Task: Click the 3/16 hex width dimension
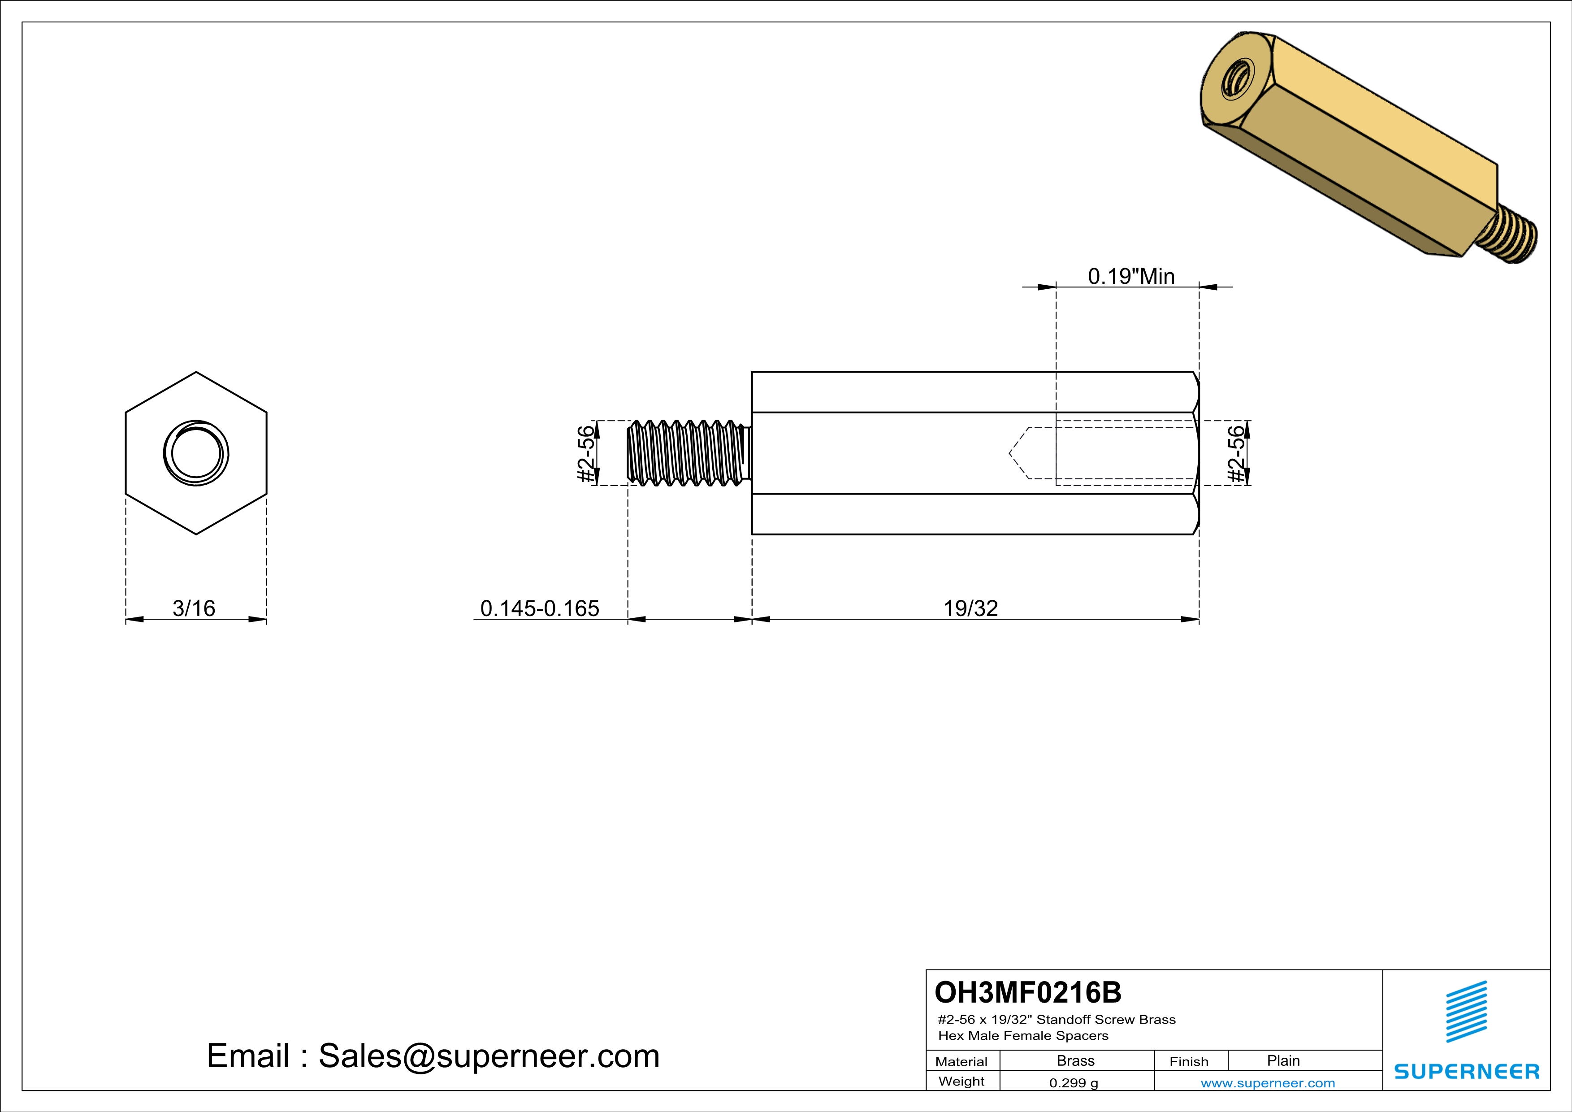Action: point(194,608)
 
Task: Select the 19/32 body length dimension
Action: point(970,608)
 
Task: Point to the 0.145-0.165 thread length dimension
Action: point(540,608)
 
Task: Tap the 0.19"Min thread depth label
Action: point(1131,276)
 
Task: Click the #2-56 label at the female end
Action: point(1236,453)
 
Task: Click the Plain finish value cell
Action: point(1283,1060)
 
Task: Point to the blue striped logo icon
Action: point(1466,1012)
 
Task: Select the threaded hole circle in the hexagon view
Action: point(196,453)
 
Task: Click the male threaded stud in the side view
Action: point(688,453)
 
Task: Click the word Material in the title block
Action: point(961,1061)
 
